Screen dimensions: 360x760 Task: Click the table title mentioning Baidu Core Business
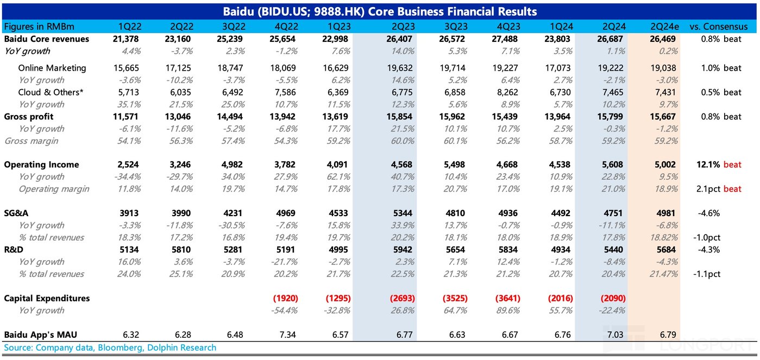[380, 11]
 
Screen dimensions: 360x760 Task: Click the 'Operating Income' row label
[41, 165]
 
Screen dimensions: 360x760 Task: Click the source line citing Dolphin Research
[110, 348]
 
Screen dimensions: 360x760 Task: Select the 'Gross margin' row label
[32, 141]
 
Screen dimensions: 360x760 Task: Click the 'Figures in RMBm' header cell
[39, 26]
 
